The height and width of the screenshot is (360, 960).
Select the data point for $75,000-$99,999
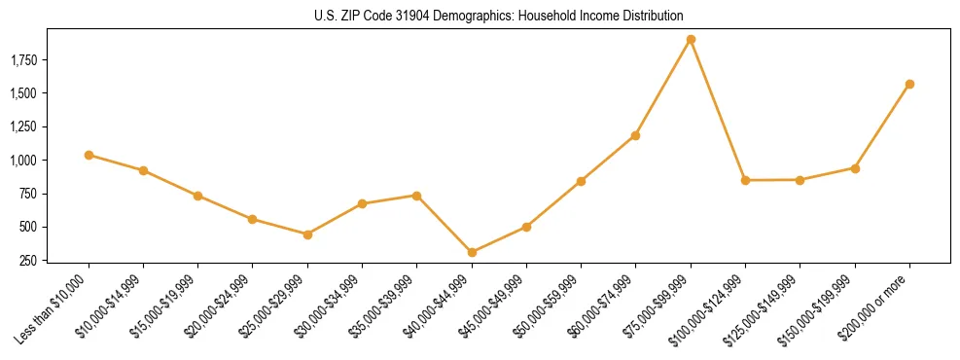coord(691,40)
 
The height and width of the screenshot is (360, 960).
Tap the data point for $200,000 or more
coord(909,85)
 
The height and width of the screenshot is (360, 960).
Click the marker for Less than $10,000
coord(89,155)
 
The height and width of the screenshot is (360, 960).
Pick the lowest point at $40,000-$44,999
coord(472,252)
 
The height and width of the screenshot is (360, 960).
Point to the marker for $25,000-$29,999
coord(307,234)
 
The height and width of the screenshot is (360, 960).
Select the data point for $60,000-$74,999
coord(635,135)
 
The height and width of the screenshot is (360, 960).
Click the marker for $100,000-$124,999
coord(745,180)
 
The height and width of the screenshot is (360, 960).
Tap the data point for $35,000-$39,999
coord(416,196)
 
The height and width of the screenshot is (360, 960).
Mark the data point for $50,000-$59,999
coord(581,181)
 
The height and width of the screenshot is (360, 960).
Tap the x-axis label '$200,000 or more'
coord(878,307)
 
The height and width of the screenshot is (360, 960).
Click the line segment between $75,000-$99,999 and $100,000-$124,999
coord(718,110)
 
